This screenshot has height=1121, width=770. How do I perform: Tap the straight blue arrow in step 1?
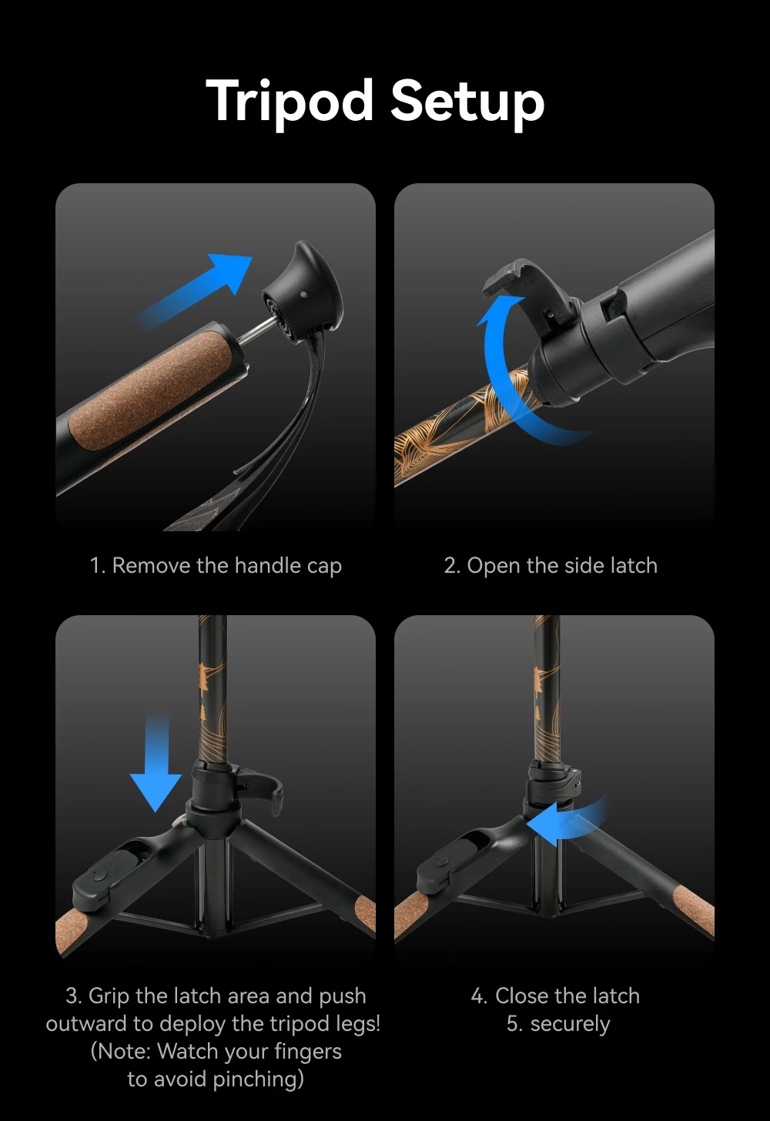(196, 289)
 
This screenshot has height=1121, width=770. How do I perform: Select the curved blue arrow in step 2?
(506, 380)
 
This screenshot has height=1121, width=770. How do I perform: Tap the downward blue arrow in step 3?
(156, 763)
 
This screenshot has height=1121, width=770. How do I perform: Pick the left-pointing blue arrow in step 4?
(566, 821)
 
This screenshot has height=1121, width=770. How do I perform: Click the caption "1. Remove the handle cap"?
(216, 565)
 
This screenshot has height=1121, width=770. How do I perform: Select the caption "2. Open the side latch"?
(551, 565)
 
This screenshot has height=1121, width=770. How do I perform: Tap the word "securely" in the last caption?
(571, 1025)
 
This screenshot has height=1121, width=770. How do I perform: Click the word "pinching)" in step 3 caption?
(259, 1079)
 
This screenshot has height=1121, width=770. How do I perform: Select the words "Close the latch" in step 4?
(567, 996)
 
